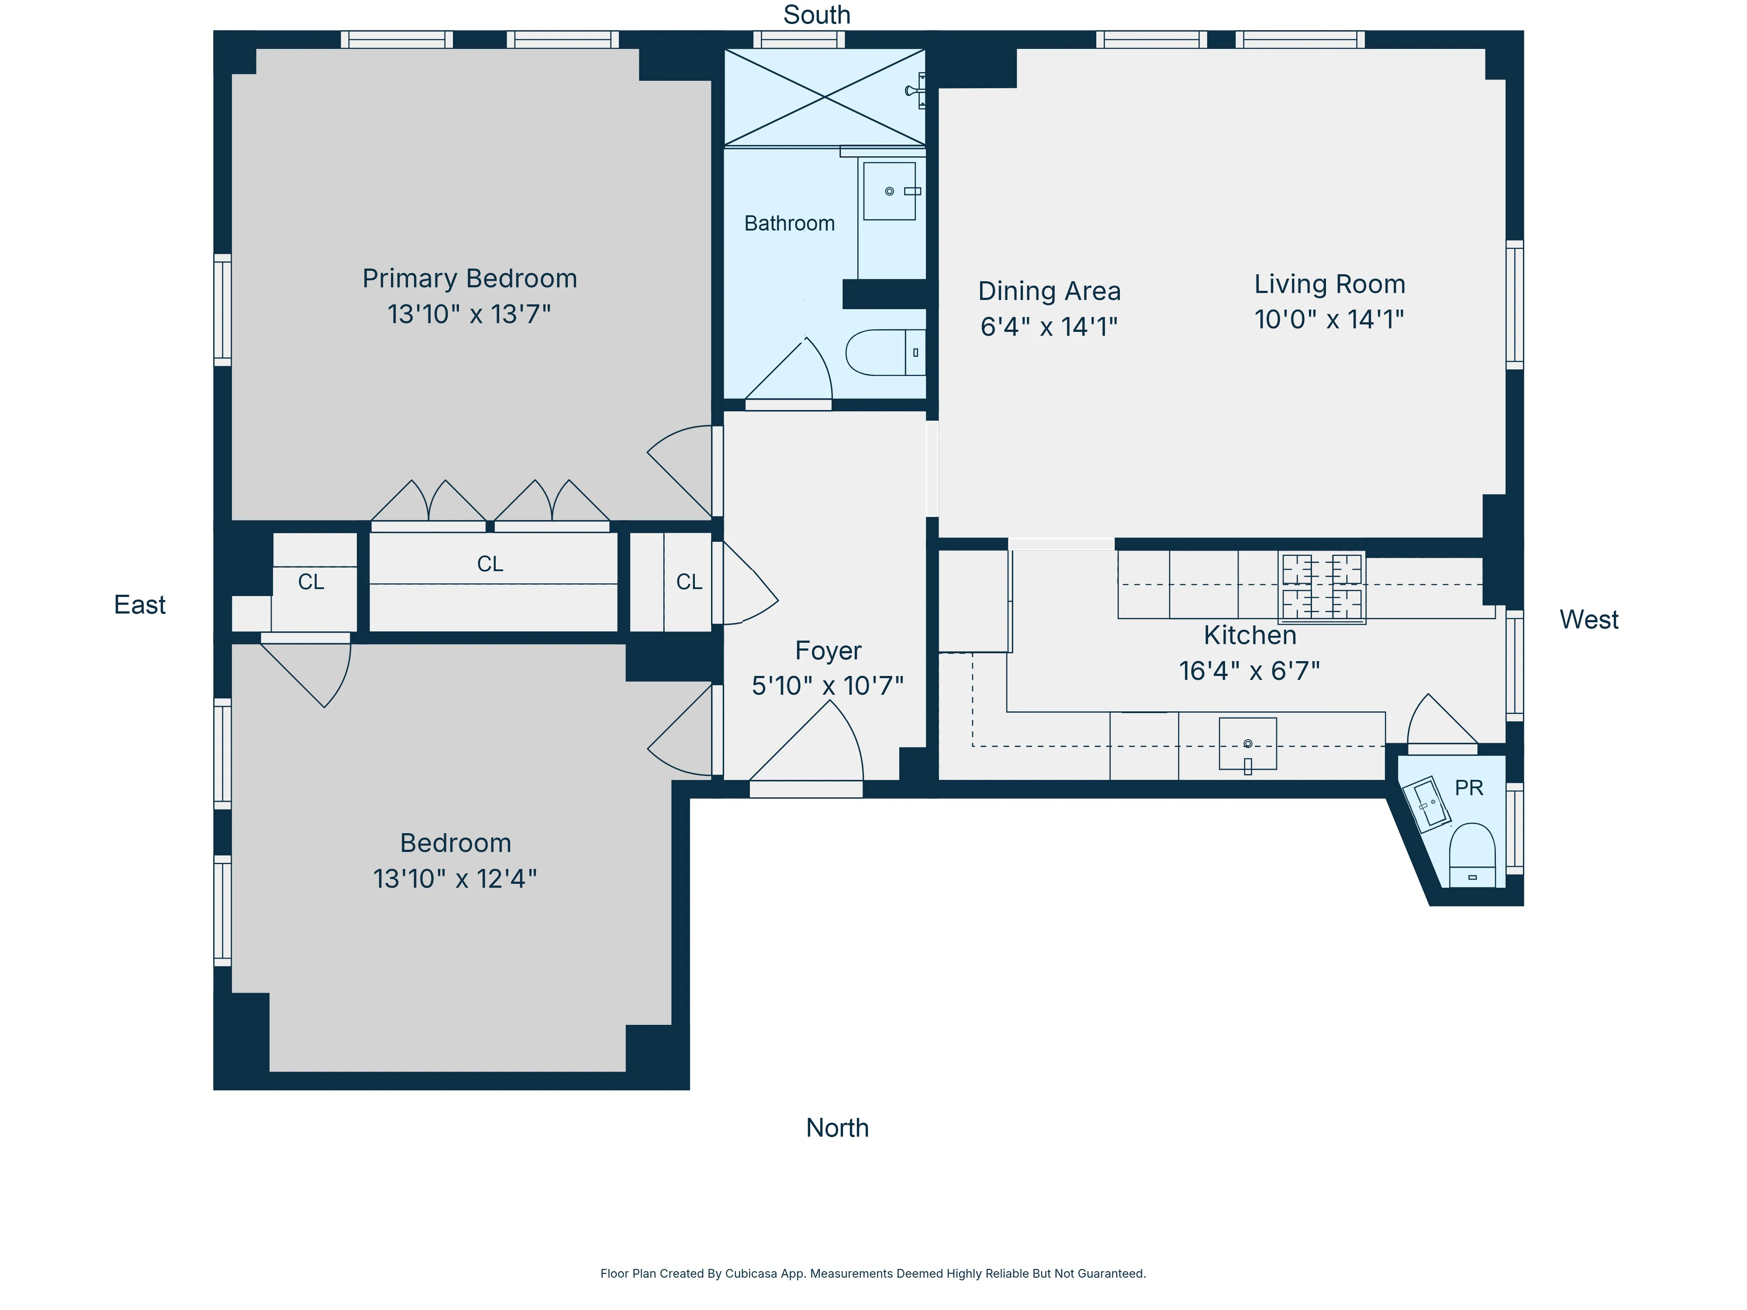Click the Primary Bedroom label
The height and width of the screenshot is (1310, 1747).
(469, 279)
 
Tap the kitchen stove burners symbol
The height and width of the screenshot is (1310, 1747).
(1321, 587)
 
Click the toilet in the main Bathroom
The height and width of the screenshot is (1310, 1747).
(884, 352)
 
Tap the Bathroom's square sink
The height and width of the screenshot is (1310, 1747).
(889, 191)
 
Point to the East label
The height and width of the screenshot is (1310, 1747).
(140, 605)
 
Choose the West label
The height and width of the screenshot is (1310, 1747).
(1588, 620)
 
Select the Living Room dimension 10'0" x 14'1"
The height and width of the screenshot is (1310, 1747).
(1329, 320)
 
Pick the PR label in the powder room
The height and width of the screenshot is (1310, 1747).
(1468, 788)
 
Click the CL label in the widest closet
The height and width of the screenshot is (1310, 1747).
(490, 564)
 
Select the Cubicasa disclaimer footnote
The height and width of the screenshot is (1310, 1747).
(873, 1273)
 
